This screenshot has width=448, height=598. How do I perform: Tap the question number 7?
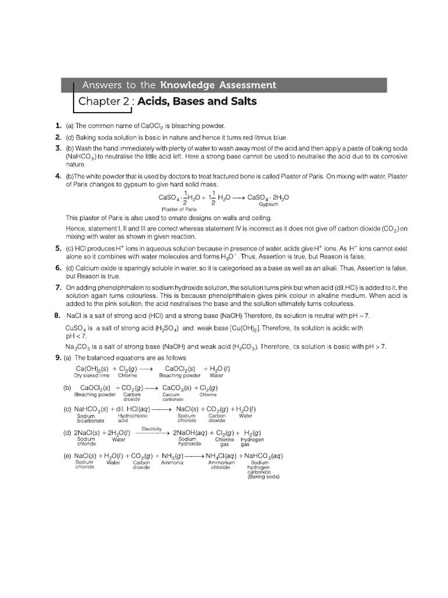pyautogui.click(x=58, y=287)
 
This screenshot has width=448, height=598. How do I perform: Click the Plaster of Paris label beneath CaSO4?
pyautogui.click(x=178, y=208)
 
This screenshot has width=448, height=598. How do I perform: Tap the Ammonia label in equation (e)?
pyautogui.click(x=173, y=463)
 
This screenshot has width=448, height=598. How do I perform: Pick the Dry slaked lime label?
pyautogui.click(x=92, y=376)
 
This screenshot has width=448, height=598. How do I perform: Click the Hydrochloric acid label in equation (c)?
pyautogui.click(x=132, y=418)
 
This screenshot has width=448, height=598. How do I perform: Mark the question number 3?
pyautogui.click(x=58, y=148)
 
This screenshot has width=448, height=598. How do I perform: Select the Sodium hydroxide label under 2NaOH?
pyautogui.click(x=189, y=441)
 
